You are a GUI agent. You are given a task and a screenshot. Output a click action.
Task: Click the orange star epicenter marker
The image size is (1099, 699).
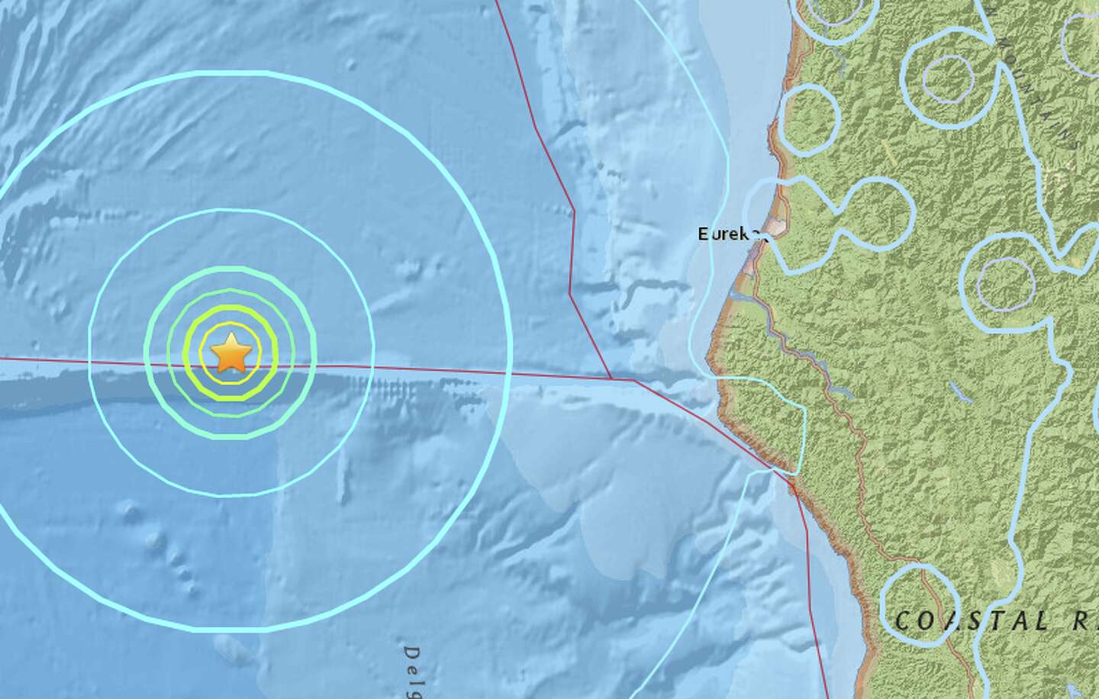[230, 354]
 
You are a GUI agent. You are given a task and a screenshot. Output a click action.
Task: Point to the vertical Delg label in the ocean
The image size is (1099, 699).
[412, 672]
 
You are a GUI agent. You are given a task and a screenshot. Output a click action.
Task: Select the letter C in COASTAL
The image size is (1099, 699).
[903, 621]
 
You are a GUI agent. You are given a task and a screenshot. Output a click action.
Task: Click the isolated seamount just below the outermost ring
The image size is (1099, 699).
[226, 647]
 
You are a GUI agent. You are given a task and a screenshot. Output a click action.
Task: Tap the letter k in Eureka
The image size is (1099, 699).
[743, 234]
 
